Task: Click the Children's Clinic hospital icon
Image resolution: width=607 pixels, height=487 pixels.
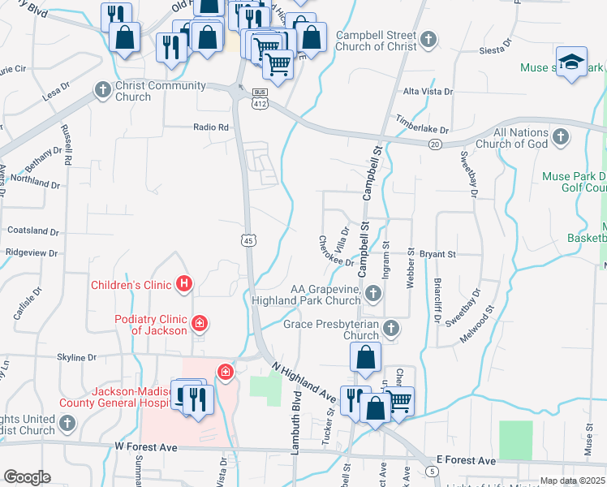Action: pos(184,284)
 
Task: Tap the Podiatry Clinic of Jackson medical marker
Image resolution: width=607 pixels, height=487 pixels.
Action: pos(199,325)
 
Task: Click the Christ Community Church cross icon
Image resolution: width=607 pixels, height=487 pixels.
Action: pos(103,88)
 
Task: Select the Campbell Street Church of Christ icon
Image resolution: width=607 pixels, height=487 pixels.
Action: pos(428,38)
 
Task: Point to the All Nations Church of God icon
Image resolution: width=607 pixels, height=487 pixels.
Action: pos(560,138)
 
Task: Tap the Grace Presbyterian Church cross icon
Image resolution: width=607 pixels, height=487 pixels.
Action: pos(390,329)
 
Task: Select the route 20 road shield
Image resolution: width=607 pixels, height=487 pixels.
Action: pos(435,144)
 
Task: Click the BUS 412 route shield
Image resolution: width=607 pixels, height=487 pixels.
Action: pos(260,98)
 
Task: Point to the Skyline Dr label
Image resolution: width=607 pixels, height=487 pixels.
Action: pos(77,357)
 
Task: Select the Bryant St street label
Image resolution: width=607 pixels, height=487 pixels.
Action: pos(437,254)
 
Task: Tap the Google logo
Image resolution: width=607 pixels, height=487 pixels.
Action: pos(27,477)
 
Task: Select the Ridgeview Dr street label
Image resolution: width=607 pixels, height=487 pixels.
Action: pos(32,253)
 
